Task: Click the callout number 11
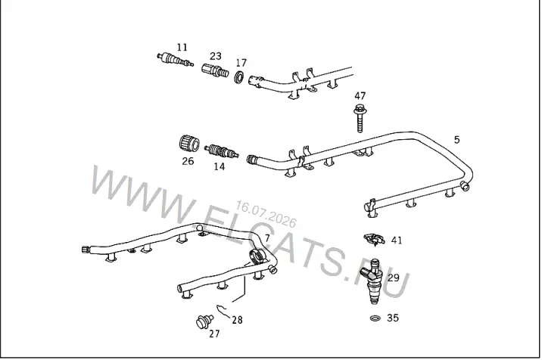(x=182, y=47)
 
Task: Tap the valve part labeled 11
(x=175, y=60)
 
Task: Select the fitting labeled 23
(x=215, y=70)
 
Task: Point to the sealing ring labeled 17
(x=239, y=76)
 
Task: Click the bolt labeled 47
(x=360, y=117)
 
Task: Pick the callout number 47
(x=360, y=96)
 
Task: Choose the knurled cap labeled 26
(x=189, y=144)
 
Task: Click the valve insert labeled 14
(x=221, y=151)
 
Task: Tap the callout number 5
(x=456, y=140)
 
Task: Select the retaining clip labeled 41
(x=374, y=239)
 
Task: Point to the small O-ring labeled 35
(x=375, y=318)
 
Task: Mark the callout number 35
(x=393, y=318)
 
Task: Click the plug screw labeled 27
(x=204, y=321)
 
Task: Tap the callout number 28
(x=237, y=320)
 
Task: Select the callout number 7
(x=267, y=238)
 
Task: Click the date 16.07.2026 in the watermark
(x=266, y=214)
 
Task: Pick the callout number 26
(x=188, y=161)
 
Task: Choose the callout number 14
(x=220, y=166)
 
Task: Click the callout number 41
(x=397, y=240)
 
